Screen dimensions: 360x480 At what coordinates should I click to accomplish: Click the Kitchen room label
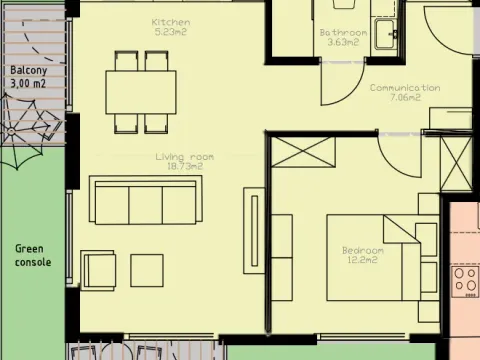(x=171, y=22)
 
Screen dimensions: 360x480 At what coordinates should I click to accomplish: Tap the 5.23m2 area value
(x=171, y=32)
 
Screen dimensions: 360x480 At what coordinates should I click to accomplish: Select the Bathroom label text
(x=343, y=32)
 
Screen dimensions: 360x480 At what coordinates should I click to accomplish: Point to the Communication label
(x=404, y=88)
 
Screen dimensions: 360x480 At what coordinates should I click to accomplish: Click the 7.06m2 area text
(x=404, y=99)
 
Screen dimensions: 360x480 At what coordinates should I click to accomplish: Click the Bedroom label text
(x=362, y=250)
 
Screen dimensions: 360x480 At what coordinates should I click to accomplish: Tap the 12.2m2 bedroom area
(x=362, y=260)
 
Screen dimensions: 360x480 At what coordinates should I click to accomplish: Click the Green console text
(x=33, y=255)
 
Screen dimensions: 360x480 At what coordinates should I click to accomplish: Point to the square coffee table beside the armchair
(x=147, y=270)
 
